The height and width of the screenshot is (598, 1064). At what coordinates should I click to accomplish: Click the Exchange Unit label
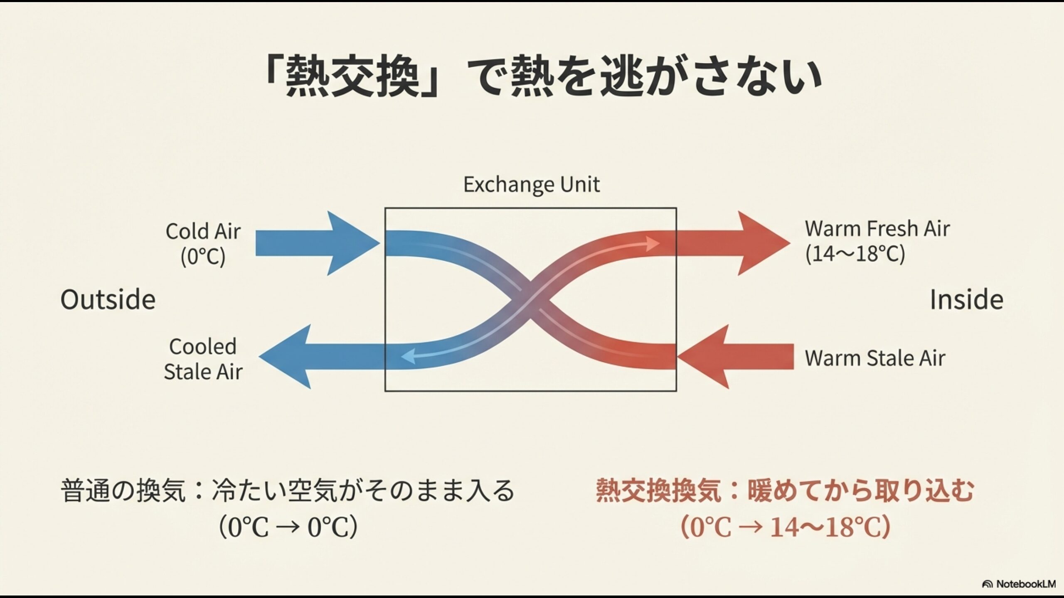(531, 185)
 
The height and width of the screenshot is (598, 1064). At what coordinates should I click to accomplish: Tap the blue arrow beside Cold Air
(316, 243)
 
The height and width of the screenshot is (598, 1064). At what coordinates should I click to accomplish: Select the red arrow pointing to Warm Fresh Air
(731, 243)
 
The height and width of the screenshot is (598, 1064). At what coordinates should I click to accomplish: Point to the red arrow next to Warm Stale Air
(740, 357)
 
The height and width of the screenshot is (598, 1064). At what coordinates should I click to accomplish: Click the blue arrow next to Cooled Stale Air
(320, 357)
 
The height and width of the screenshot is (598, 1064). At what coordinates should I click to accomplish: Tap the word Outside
(108, 300)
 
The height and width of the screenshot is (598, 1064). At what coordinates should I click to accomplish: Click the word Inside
(966, 300)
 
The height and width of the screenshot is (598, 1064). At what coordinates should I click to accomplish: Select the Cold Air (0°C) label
(203, 244)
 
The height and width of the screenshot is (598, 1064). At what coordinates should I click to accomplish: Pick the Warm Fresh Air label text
(877, 229)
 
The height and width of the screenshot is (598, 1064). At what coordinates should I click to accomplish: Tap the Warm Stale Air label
(875, 358)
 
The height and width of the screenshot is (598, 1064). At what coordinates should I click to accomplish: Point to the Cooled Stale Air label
(203, 359)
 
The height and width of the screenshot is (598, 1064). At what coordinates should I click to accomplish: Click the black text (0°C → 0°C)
(288, 527)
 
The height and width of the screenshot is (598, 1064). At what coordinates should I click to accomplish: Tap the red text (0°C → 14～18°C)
(785, 527)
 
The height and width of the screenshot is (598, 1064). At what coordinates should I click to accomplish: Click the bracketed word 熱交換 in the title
(352, 77)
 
